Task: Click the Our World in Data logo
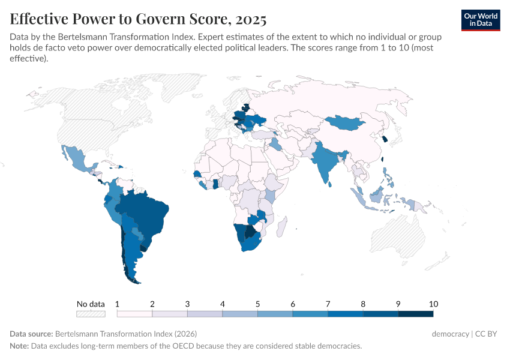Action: (481, 19)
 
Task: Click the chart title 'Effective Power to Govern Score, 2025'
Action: (138, 19)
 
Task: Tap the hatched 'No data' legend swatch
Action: (91, 313)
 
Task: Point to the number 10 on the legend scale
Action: (433, 304)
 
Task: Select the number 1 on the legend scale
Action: (117, 304)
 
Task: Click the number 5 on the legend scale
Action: (257, 304)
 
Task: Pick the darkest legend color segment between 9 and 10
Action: (415, 313)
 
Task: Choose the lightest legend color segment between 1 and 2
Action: (134, 313)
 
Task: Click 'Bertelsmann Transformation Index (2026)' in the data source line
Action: (125, 334)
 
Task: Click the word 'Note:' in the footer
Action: (20, 346)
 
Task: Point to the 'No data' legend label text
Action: (91, 304)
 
